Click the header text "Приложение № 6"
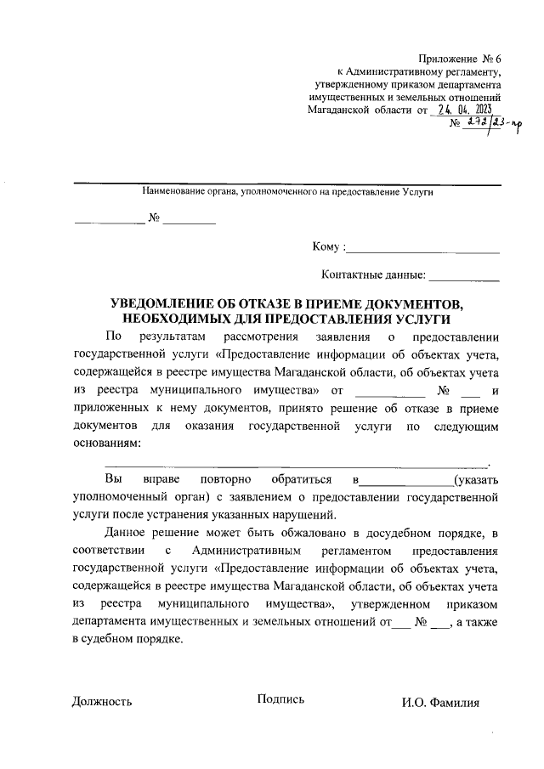pos(461,59)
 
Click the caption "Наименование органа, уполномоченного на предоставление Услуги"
pos(288,193)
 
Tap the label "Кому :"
pos(329,246)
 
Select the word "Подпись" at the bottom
pos(280,699)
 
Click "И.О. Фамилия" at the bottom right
pos(441,703)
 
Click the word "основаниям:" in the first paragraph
pos(107,444)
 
